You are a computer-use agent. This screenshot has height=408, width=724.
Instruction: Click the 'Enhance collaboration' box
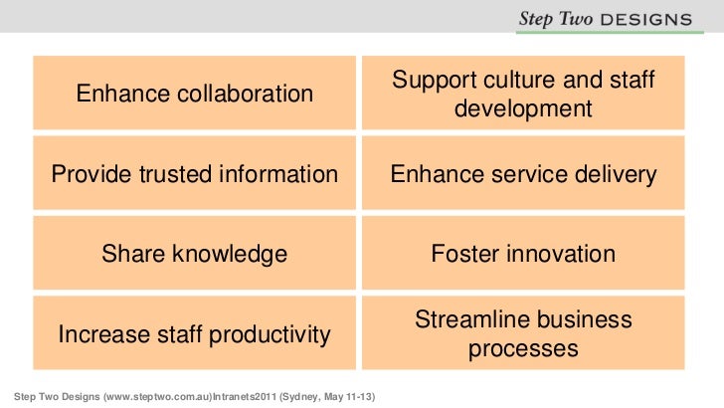coord(195,94)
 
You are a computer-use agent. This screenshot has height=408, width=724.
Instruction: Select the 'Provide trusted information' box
coord(195,174)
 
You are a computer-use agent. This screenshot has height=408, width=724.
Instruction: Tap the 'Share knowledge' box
coord(195,254)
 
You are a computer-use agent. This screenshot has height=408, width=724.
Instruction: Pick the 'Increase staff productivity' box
coord(195,334)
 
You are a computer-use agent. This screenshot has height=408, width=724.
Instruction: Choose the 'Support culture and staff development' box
coord(523,94)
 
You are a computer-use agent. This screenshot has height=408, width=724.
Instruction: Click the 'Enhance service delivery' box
coord(523,174)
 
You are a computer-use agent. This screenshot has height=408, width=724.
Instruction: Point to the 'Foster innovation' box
coord(523,254)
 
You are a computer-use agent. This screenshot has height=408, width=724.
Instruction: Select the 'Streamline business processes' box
coord(523,334)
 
